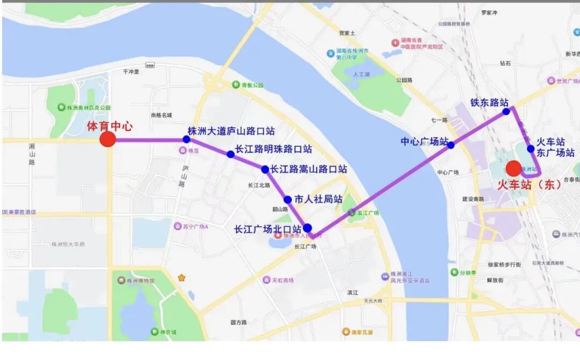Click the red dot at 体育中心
[108, 139]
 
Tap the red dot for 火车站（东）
[513, 169]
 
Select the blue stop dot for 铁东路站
[506, 112]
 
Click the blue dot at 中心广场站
[451, 145]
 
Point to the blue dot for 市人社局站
[288, 199]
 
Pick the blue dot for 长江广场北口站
[307, 228]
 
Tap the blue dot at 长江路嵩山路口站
[265, 169]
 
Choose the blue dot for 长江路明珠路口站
[230, 154]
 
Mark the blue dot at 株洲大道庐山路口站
[186, 139]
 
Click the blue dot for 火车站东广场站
[531, 149]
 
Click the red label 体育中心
[110, 127]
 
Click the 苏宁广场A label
[195, 226]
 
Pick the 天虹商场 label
[281, 280]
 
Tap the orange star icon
[182, 278]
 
